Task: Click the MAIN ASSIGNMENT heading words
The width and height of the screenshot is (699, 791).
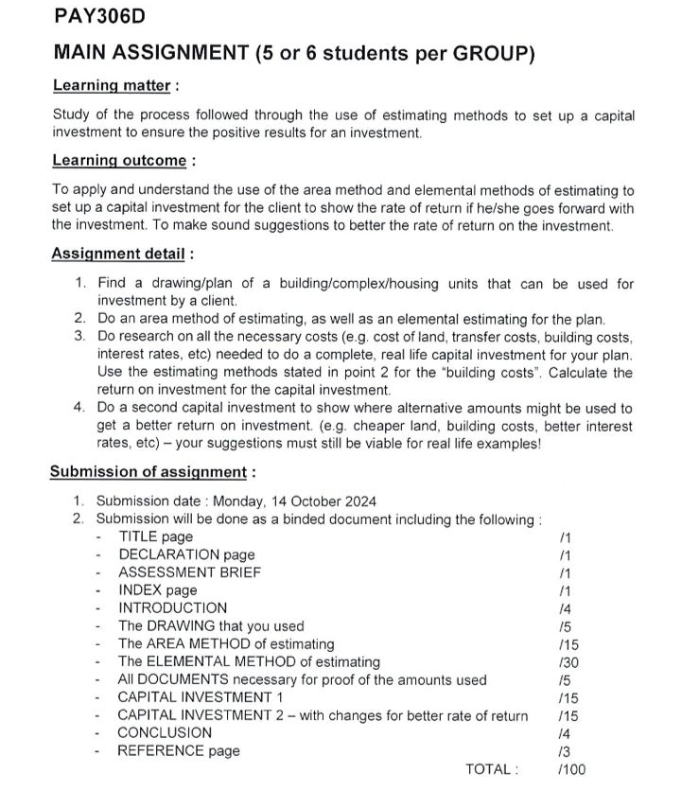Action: click(x=151, y=53)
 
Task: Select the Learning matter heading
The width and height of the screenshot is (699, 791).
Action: click(x=112, y=85)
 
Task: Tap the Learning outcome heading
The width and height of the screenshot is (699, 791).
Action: click(x=119, y=160)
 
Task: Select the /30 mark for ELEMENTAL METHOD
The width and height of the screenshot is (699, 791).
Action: click(x=568, y=662)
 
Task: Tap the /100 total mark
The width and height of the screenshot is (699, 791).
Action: click(x=572, y=769)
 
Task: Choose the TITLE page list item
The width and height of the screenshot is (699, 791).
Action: click(x=155, y=537)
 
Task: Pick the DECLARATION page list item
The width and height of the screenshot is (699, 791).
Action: click(x=186, y=554)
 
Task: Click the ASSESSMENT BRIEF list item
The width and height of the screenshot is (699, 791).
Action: click(x=189, y=572)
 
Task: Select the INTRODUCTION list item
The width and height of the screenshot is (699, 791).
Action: click(x=172, y=608)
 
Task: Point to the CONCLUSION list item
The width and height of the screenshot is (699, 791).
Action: click(x=165, y=733)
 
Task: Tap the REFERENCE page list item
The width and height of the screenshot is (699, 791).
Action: click(x=179, y=751)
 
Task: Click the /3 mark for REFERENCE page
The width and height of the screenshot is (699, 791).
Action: click(x=566, y=751)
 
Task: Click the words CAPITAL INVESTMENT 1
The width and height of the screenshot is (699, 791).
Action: click(x=201, y=697)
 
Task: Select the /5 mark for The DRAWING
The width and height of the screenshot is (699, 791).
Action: click(x=566, y=626)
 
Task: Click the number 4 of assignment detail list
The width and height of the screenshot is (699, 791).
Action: click(x=79, y=409)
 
